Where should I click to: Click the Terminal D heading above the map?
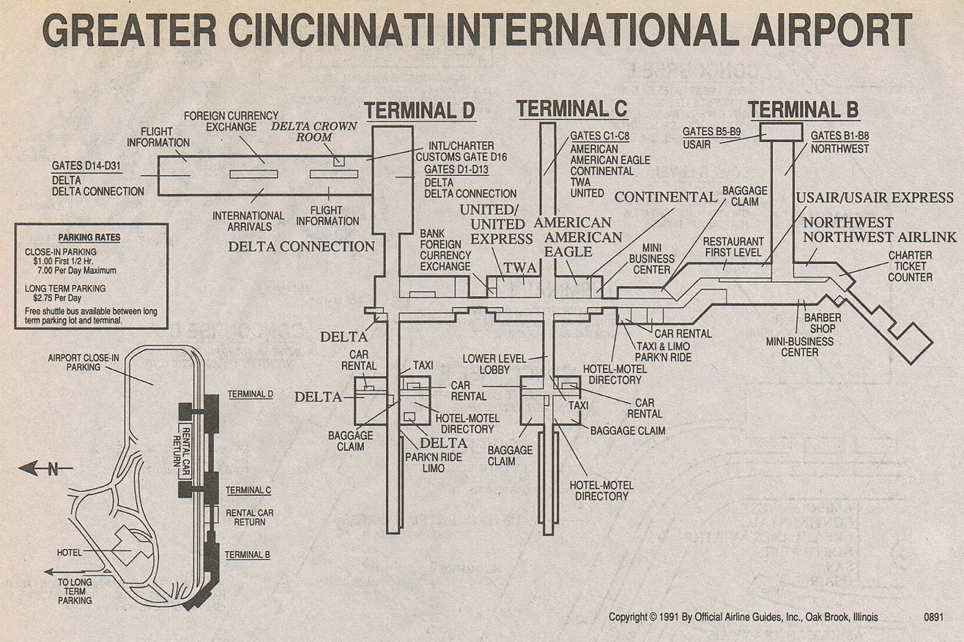pos(420,110)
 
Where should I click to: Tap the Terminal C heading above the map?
pos(572,108)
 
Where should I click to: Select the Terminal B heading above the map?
pos(804,109)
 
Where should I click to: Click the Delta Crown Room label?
pos(314,132)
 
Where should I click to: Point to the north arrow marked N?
pos(45,468)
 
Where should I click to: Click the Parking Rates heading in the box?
pos(89,237)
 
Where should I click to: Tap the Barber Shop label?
pos(823,323)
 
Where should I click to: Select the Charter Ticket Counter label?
pos(910,266)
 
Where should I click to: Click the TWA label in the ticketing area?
pos(520,267)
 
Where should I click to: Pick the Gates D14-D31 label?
pos(86,166)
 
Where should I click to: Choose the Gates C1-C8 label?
pos(599,136)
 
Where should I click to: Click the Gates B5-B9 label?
pos(712,131)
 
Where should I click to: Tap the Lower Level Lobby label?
pos(494,364)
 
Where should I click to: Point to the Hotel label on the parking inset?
pos(69,552)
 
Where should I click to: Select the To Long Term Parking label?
pos(75,591)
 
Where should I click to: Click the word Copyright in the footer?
pos(628,616)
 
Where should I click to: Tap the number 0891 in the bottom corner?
pos(933,617)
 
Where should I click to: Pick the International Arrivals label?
pos(248,221)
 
